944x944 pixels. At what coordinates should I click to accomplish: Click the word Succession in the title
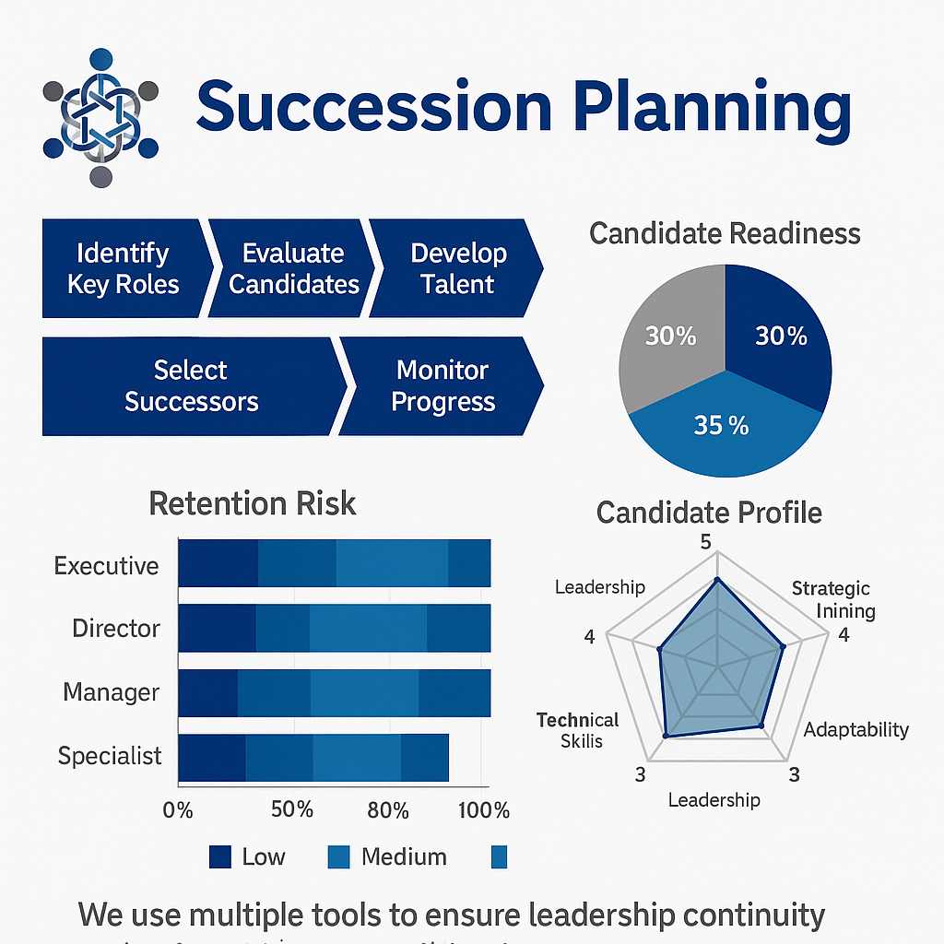[x=373, y=107]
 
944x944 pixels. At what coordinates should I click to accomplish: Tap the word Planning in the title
[x=711, y=109]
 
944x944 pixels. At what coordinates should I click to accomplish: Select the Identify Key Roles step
[x=122, y=268]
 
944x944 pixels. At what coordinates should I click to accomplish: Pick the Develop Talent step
[x=458, y=268]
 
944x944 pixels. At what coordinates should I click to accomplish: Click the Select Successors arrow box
[x=191, y=385]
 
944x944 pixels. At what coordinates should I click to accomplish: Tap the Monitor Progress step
[x=442, y=385]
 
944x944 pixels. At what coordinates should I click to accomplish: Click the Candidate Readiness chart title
[x=725, y=233]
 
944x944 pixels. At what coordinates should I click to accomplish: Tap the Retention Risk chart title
[x=252, y=503]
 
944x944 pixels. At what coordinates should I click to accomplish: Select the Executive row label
[x=106, y=565]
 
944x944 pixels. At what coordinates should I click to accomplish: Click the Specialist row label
[x=110, y=757]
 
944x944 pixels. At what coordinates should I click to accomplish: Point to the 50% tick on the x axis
[x=293, y=810]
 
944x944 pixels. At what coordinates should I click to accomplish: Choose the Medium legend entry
[x=387, y=856]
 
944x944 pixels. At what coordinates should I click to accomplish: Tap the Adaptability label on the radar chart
[x=855, y=730]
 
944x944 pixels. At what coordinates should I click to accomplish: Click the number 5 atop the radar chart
[x=706, y=541]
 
